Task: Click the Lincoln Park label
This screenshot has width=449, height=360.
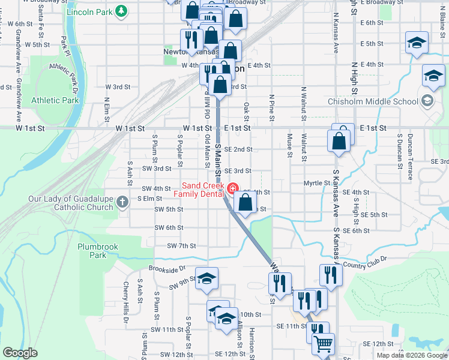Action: [x=89, y=12]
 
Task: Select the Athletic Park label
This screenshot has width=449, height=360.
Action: [x=55, y=100]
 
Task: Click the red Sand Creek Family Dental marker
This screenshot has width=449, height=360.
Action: [x=232, y=189]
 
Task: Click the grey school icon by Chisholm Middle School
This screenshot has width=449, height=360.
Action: [x=427, y=101]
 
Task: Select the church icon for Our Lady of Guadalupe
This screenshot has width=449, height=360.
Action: [x=122, y=202]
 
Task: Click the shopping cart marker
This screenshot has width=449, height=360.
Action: [x=323, y=344]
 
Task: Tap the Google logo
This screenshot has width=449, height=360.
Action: [x=20, y=353]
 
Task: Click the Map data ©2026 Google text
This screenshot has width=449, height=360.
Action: [x=411, y=355]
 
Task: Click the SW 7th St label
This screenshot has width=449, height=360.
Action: [x=182, y=246]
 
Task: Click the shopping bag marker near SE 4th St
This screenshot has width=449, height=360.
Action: [x=246, y=202]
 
